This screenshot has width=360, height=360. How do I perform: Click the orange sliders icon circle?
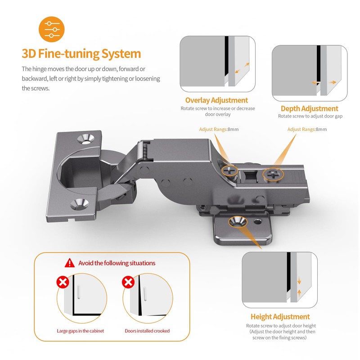[52, 29]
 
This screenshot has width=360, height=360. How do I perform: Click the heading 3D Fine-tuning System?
[81, 54]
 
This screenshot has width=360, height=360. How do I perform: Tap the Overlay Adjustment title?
[216, 100]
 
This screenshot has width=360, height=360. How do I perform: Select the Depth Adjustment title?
[310, 108]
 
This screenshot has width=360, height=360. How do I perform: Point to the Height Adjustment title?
[280, 317]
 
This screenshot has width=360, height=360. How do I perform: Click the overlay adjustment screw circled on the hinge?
[229, 171]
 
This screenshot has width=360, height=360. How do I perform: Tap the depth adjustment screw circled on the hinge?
[273, 175]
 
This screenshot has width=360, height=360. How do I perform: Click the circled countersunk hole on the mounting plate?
[238, 222]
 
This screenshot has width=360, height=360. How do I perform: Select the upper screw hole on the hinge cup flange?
[86, 139]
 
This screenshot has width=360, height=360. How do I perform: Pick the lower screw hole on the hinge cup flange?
[79, 204]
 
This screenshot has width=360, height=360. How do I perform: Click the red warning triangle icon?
[70, 263]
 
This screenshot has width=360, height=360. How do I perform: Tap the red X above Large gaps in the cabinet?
[63, 282]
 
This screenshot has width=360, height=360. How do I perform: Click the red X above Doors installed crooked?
[128, 282]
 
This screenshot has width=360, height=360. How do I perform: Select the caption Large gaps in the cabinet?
[81, 331]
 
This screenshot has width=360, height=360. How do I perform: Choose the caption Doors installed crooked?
[147, 331]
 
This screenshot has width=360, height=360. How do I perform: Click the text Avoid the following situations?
[117, 263]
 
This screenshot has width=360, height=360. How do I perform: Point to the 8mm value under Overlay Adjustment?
[233, 130]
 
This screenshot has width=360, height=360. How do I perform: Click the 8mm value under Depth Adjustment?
[321, 130]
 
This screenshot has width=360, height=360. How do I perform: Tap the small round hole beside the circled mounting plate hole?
[257, 222]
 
